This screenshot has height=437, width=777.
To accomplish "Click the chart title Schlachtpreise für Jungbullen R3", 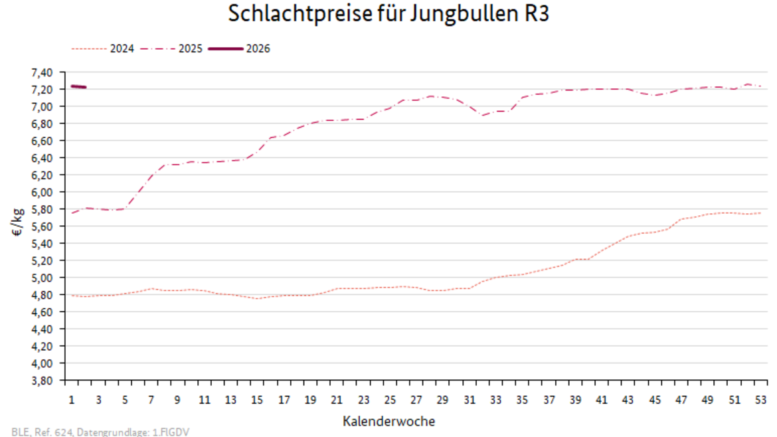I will (x=388, y=14).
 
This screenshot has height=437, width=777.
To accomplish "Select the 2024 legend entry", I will (x=122, y=48).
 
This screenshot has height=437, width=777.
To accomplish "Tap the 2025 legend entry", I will (x=190, y=48).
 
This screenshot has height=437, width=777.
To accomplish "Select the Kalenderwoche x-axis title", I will (x=388, y=421).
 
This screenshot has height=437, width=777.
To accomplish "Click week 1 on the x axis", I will (x=72, y=400).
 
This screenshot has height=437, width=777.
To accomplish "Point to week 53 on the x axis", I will (x=760, y=400).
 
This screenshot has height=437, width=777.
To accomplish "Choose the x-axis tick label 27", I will (x=416, y=400).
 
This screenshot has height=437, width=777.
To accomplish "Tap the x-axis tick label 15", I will (x=257, y=400).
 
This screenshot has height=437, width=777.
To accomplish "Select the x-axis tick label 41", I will (x=602, y=400).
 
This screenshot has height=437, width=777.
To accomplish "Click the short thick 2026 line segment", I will (x=78, y=86).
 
